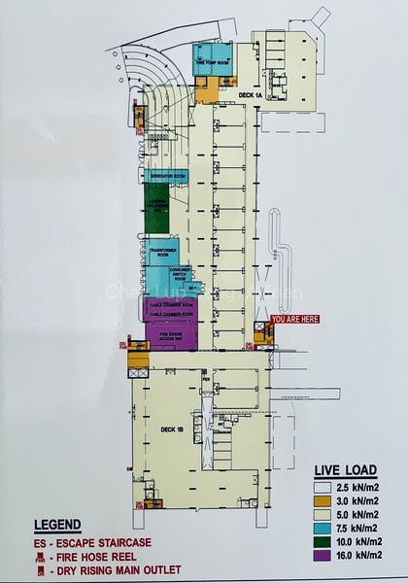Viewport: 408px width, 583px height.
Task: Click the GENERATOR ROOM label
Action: [x=168, y=175]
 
